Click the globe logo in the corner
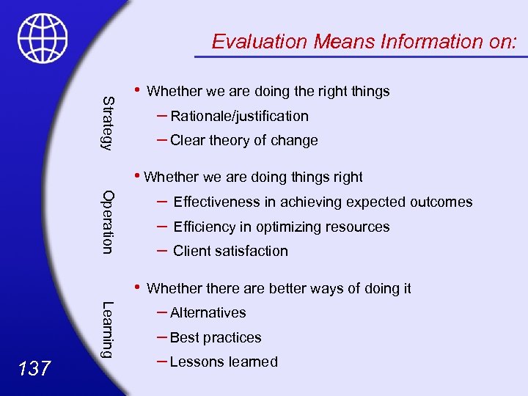coord(43,38)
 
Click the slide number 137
coord(34,368)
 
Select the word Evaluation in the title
coord(259,42)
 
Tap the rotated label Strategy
coord(107,122)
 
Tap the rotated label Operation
coord(107,222)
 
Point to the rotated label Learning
coord(107,330)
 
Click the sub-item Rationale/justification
coord(239,116)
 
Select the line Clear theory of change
coord(243,141)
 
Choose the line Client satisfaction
coord(230,251)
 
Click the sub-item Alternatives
coord(208,313)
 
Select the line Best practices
coord(216,338)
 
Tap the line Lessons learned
coord(224,362)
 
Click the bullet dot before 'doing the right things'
coord(139,90)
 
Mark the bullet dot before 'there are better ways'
coord(139,287)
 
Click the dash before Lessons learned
coord(162,360)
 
